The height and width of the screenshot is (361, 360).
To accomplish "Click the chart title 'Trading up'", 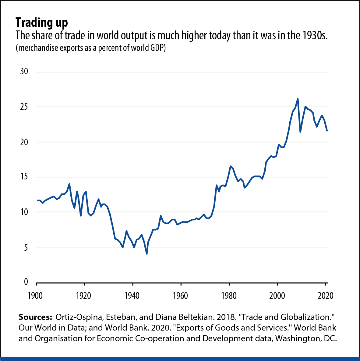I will tap(42, 23).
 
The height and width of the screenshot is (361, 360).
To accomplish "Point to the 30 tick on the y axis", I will tap(24, 71).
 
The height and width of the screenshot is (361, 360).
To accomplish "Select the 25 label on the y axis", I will tap(24, 107).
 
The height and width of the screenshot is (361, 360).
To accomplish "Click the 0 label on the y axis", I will tap(26, 282).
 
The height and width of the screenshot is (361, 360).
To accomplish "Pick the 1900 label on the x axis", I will tap(35, 296).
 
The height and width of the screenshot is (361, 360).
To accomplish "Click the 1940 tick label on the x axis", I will tap(132, 296).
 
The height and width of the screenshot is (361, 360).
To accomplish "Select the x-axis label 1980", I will tap(229, 296).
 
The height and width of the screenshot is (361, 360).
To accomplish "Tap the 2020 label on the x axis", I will tap(325, 296).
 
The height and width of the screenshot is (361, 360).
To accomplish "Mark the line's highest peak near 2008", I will tap(298, 99).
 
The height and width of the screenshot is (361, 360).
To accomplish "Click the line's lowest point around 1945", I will tap(147, 253).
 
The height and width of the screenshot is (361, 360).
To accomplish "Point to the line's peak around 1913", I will tap(69, 184).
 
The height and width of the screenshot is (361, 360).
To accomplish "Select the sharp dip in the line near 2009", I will tap(300, 132).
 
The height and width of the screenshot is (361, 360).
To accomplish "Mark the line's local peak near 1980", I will tap(231, 166).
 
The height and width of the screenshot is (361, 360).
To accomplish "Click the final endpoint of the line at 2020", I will tap(327, 130).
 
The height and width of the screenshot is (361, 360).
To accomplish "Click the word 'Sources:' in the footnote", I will tap(35, 317).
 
